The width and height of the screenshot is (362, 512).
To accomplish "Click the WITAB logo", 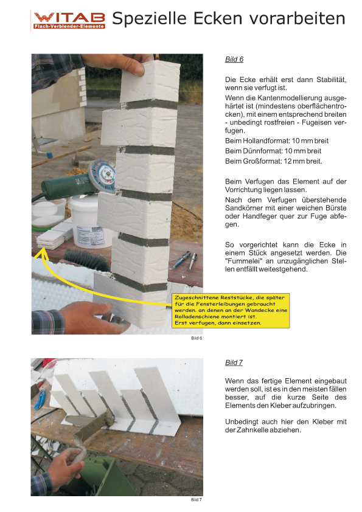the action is (69, 20).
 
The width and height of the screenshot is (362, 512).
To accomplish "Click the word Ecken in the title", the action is (218, 18).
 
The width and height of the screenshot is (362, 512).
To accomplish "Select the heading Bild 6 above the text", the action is (234, 59).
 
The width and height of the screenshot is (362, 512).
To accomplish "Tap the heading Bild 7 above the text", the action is (234, 362).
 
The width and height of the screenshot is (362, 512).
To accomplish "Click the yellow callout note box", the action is (231, 311).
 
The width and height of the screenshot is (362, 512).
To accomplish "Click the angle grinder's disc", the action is (103, 177).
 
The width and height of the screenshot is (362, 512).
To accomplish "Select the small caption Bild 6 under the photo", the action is (197, 338).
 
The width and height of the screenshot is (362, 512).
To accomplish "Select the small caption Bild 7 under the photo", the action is (197, 500).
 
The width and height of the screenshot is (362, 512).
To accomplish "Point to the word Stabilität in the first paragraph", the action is (332, 80).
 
